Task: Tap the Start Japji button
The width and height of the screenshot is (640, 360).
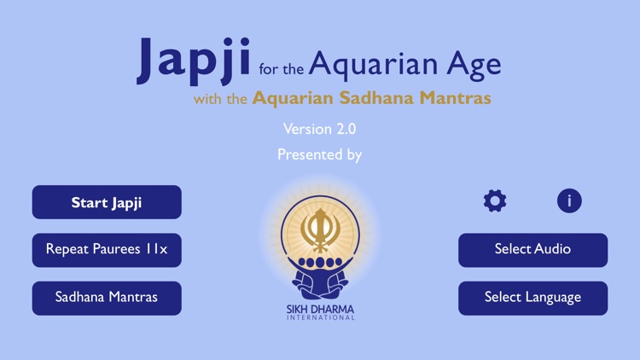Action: (107, 203)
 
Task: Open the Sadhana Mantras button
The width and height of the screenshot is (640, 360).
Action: (107, 298)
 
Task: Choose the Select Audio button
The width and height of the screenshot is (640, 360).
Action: (532, 250)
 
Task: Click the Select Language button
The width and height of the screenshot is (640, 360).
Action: (532, 298)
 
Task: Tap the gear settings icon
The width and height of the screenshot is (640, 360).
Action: (495, 200)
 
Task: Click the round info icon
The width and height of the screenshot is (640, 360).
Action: (569, 200)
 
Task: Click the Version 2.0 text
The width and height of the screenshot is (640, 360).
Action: (320, 129)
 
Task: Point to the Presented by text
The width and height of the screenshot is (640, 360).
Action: (320, 154)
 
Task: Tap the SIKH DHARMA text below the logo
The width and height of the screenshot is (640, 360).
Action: (320, 308)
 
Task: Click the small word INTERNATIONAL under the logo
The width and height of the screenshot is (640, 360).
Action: (320, 317)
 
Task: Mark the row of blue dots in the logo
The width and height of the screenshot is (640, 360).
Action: (320, 263)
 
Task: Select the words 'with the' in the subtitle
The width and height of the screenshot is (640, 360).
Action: (220, 99)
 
